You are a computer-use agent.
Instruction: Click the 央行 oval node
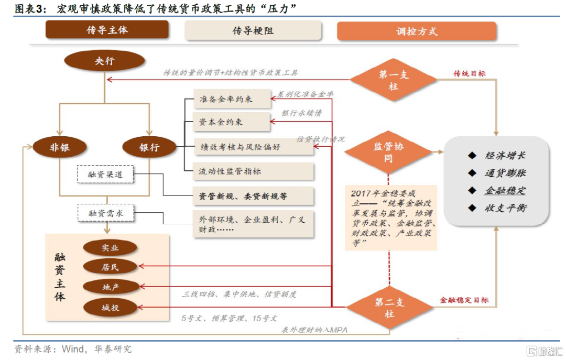tap(104, 61)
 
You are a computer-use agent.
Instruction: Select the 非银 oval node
tap(59, 148)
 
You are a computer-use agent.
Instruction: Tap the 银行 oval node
tap(149, 148)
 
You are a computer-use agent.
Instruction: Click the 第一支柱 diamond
tap(393, 80)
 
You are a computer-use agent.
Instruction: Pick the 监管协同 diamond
tap(388, 152)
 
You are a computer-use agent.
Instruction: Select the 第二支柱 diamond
tap(389, 308)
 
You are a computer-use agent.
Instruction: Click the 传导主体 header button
tap(107, 30)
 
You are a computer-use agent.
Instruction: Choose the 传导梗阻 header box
tap(254, 31)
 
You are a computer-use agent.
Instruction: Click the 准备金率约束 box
tap(231, 99)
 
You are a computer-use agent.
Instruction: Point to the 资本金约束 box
tap(231, 122)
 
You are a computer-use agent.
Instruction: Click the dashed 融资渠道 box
tap(105, 174)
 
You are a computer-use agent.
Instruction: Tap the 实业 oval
tap(110, 248)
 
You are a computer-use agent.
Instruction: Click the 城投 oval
tap(110, 307)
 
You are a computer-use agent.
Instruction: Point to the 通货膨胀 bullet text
tap(505, 173)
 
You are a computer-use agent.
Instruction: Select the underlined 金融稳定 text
tap(505, 190)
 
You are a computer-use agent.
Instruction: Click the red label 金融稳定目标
tap(464, 300)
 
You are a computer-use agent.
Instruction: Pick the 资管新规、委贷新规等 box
tap(253, 196)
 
